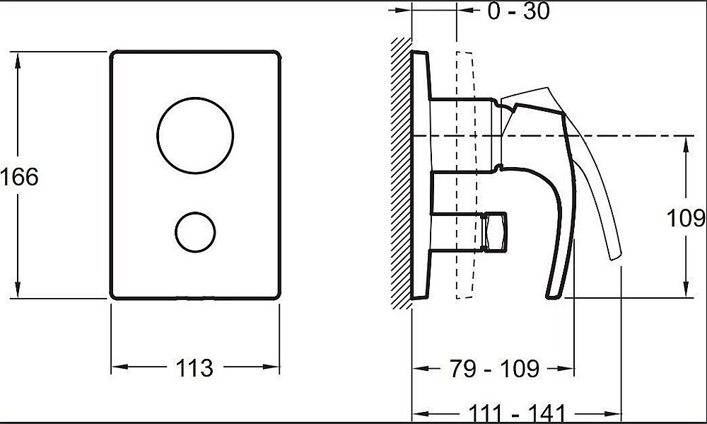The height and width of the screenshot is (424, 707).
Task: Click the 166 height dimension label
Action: [x=19, y=176]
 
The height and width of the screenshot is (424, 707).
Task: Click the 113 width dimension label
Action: [x=194, y=367]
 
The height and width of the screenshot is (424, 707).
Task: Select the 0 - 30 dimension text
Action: [x=518, y=11]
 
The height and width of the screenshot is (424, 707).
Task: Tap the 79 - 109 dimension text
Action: [x=494, y=369]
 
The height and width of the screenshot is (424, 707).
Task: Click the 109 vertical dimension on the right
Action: [x=686, y=218]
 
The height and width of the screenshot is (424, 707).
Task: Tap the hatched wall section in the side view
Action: [x=402, y=173]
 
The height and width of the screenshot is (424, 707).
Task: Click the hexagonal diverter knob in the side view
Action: [x=494, y=231]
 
